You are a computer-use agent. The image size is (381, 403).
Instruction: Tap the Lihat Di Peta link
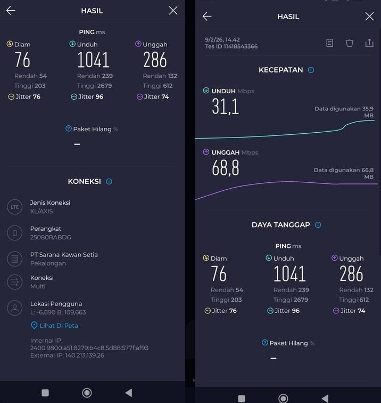(59, 325)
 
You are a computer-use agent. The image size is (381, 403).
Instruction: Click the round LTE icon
(15, 207)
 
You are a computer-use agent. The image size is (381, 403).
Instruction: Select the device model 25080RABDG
(51, 237)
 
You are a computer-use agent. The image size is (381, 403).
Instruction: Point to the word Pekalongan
(48, 263)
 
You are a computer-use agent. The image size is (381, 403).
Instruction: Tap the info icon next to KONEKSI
(109, 181)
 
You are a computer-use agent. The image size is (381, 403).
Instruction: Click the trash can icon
(350, 43)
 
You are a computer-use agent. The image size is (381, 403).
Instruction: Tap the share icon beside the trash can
(369, 43)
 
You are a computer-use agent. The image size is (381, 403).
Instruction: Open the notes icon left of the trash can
(330, 43)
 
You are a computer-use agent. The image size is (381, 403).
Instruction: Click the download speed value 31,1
(226, 106)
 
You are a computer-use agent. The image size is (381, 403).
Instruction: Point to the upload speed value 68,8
(226, 168)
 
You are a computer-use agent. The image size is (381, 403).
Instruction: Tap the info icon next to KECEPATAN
(311, 70)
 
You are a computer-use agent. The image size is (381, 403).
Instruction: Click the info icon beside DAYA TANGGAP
(318, 225)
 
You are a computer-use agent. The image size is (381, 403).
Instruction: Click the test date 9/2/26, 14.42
(222, 39)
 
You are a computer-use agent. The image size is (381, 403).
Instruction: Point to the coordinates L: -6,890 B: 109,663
(58, 312)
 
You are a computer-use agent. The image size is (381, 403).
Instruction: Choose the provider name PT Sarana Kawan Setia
(64, 255)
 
